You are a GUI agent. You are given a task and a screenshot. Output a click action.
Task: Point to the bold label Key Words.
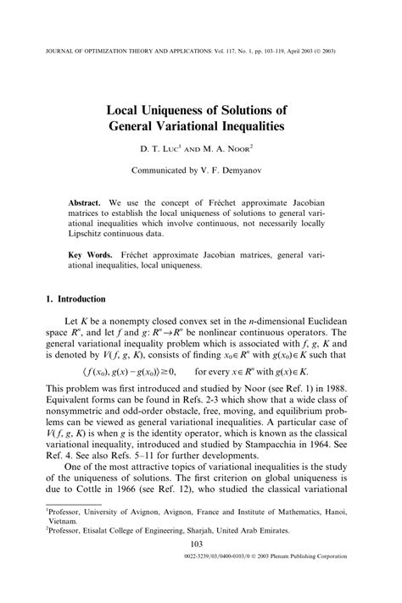[92, 254]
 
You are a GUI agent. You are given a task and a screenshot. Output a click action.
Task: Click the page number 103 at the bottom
[201, 568]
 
